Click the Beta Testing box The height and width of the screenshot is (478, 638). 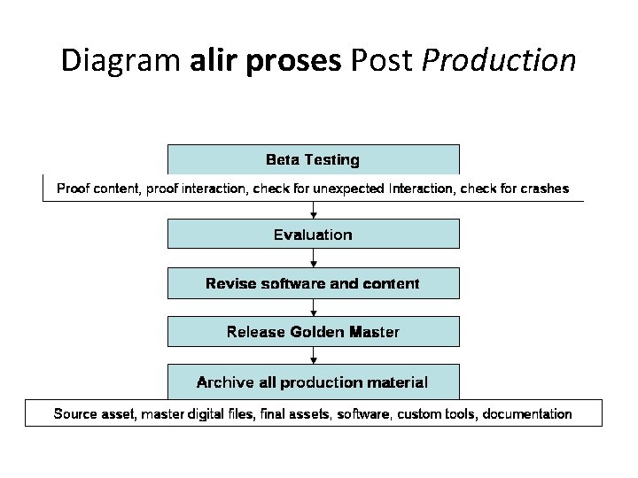[313, 159]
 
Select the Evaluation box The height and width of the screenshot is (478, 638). [313, 235]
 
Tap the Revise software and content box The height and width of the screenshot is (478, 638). [313, 284]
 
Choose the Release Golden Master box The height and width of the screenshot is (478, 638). [313, 333]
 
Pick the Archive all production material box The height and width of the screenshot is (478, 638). [313, 382]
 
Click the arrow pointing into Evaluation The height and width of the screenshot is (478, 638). [313, 211]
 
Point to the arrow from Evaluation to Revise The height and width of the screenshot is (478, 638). [313, 259]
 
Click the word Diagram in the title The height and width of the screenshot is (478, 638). [121, 60]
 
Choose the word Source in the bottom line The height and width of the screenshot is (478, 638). [75, 413]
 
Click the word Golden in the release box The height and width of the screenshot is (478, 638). [318, 333]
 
